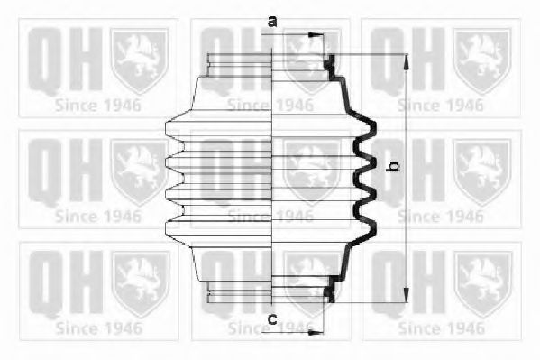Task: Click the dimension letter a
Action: [x=272, y=22]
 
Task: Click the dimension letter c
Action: [x=272, y=319]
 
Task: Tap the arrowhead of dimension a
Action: [x=316, y=34]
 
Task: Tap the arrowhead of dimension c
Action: [x=316, y=332]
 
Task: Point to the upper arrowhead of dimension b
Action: [x=407, y=62]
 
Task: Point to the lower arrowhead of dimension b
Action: [x=407, y=294]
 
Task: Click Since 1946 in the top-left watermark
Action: [x=98, y=106]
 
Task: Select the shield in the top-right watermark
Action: [x=482, y=61]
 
